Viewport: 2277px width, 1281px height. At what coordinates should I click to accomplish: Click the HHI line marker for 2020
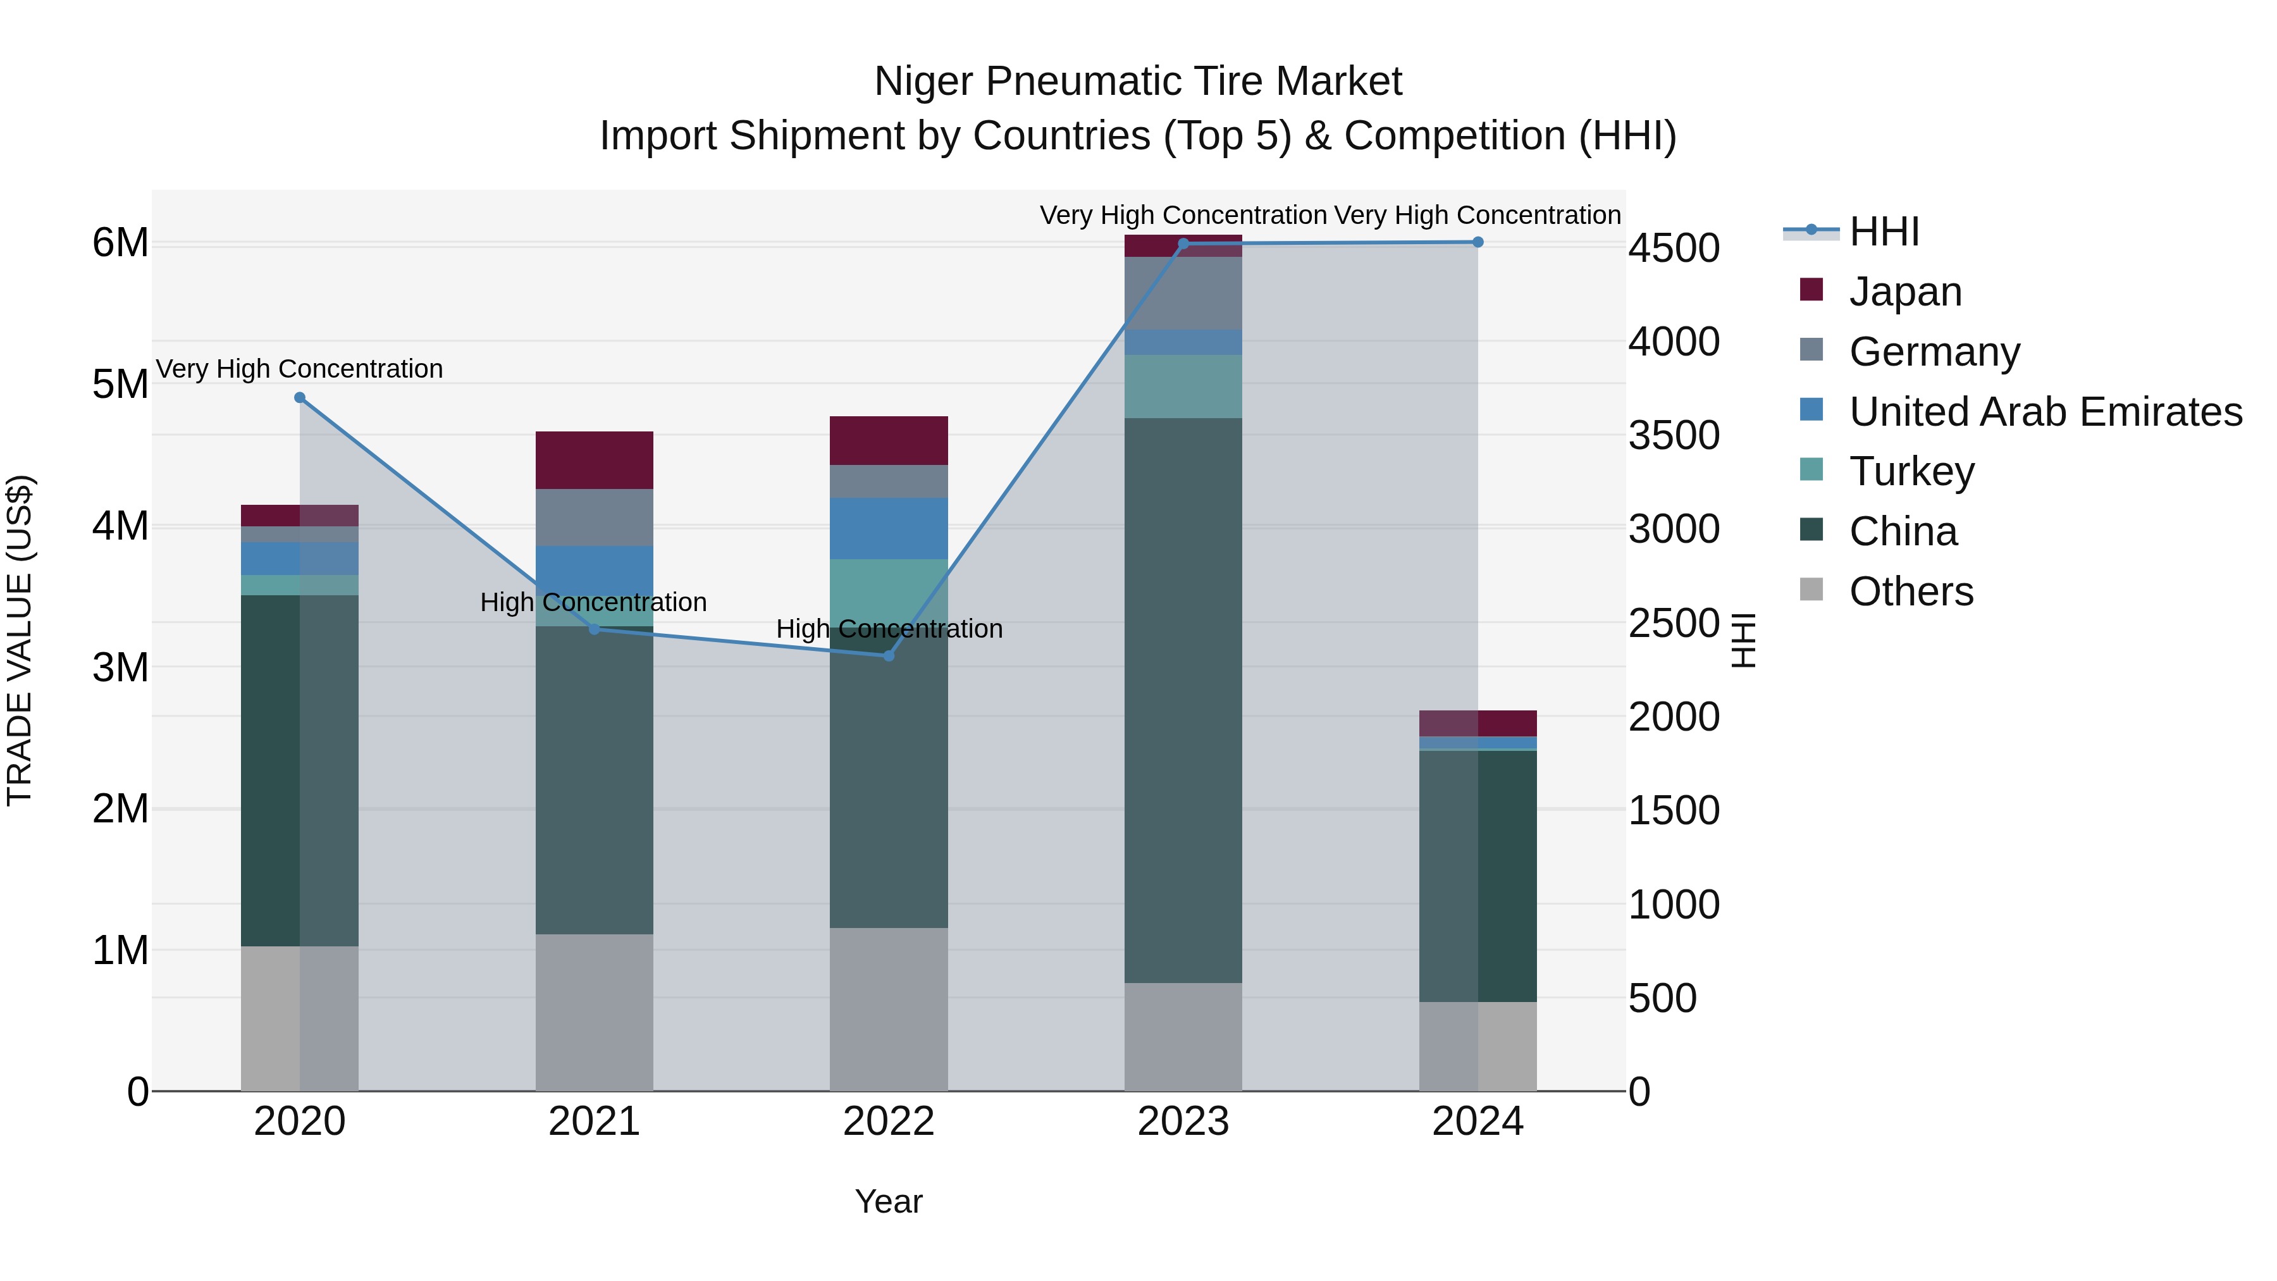[x=300, y=398]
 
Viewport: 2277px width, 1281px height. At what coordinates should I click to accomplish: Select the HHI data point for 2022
[x=889, y=656]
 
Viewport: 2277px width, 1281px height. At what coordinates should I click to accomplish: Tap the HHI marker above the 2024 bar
[x=1478, y=242]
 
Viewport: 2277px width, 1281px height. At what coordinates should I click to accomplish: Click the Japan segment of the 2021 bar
[x=594, y=460]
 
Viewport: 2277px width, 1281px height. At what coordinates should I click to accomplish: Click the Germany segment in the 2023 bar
[x=1183, y=293]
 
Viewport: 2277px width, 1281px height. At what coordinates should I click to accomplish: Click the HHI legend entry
[x=1884, y=232]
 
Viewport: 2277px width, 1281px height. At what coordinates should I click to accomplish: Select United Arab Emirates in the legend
[x=2044, y=412]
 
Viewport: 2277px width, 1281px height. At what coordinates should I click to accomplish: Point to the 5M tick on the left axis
[x=120, y=385]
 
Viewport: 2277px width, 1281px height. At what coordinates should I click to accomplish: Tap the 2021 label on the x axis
[x=594, y=1122]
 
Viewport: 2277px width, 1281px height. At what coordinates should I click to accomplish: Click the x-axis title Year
[x=889, y=1201]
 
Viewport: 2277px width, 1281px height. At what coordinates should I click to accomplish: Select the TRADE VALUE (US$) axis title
[x=20, y=641]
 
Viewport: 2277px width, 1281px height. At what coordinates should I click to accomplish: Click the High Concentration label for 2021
[x=593, y=602]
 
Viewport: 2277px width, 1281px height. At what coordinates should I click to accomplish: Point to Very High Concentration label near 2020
[x=300, y=369]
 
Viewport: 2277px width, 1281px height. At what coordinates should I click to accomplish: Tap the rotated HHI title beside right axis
[x=1743, y=641]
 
